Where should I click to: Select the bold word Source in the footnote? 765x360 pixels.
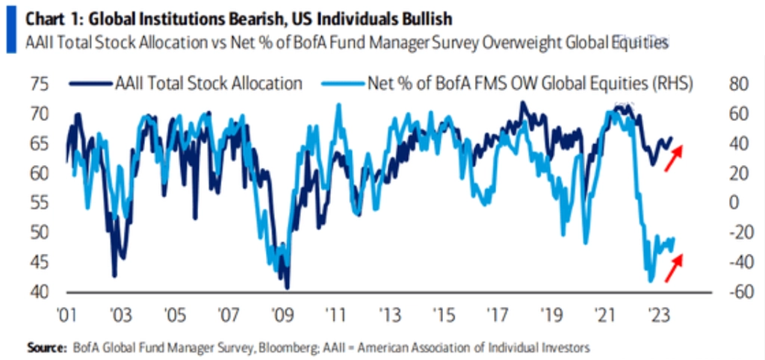click(x=46, y=348)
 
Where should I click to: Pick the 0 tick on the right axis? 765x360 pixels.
click(x=733, y=202)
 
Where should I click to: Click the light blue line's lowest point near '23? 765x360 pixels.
click(x=651, y=281)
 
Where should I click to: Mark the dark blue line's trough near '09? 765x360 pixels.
click(x=288, y=288)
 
